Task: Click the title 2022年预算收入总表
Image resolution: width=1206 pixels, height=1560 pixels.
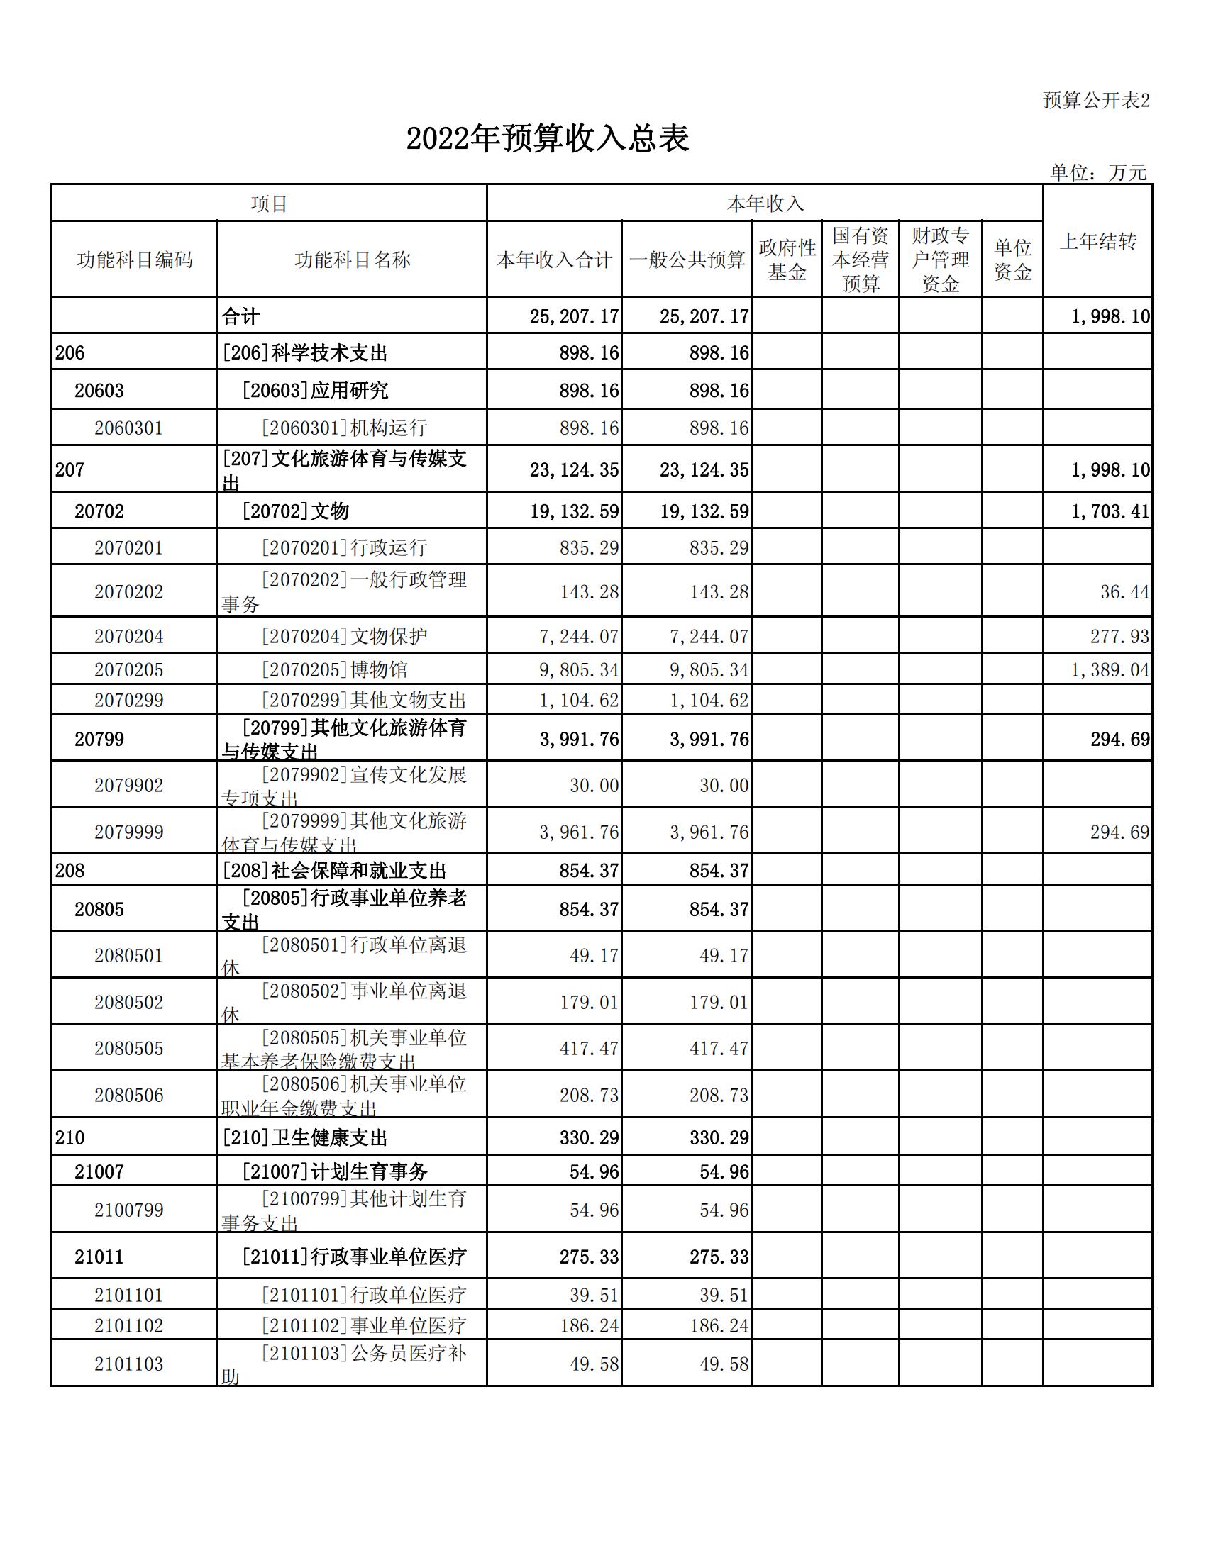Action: click(x=547, y=138)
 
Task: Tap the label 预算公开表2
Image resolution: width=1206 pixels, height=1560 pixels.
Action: click(x=1096, y=101)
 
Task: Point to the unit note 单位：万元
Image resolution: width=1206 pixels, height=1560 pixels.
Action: click(x=1098, y=172)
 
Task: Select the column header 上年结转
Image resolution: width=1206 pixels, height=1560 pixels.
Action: click(x=1097, y=241)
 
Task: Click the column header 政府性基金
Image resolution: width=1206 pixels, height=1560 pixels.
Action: click(x=787, y=260)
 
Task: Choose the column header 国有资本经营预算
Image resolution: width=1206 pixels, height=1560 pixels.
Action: click(x=861, y=260)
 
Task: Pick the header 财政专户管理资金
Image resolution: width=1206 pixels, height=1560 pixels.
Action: click(x=940, y=260)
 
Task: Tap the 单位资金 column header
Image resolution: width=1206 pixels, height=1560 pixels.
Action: click(x=1012, y=260)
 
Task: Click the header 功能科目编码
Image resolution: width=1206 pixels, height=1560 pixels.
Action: click(x=134, y=260)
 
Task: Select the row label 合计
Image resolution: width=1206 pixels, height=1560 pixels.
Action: click(x=240, y=316)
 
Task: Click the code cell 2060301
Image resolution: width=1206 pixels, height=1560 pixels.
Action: click(x=128, y=428)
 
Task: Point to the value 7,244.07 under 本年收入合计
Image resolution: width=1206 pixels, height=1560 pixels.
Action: click(x=579, y=637)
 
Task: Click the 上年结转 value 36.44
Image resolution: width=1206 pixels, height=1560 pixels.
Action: click(x=1124, y=591)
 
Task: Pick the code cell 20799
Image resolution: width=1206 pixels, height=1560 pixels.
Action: click(x=99, y=740)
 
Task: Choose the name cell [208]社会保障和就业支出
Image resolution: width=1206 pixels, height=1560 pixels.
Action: click(x=334, y=871)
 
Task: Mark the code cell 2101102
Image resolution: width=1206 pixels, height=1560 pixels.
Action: click(x=128, y=1326)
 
